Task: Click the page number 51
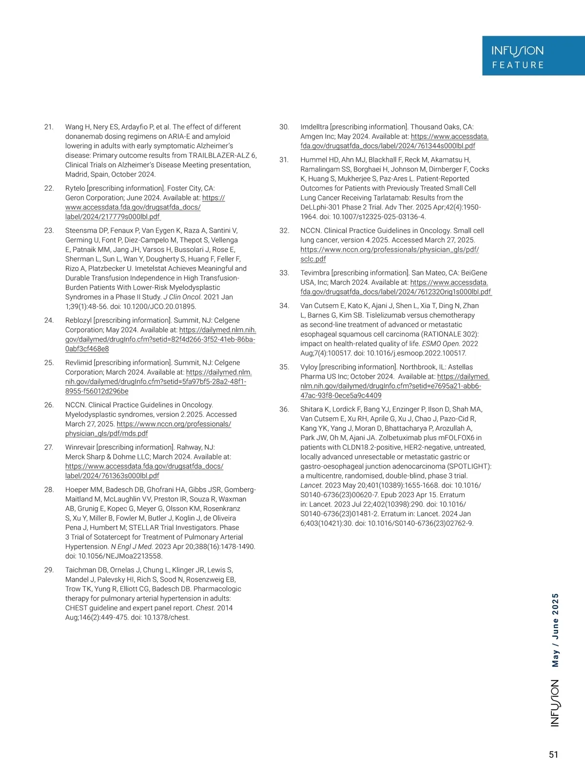[x=553, y=755]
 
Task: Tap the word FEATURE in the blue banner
[x=518, y=65]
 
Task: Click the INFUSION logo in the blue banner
[x=517, y=51]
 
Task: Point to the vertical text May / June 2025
[x=555, y=630]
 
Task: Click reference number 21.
[x=49, y=127]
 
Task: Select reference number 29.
[x=49, y=570]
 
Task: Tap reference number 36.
[x=284, y=410]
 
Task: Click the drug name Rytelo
[x=75, y=189]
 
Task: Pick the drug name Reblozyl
[x=78, y=320]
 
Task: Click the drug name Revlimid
[x=78, y=363]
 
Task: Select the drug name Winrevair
[x=80, y=448]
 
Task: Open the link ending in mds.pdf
[x=106, y=433]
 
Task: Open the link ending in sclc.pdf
[x=313, y=259]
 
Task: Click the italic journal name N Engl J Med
[x=132, y=547]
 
